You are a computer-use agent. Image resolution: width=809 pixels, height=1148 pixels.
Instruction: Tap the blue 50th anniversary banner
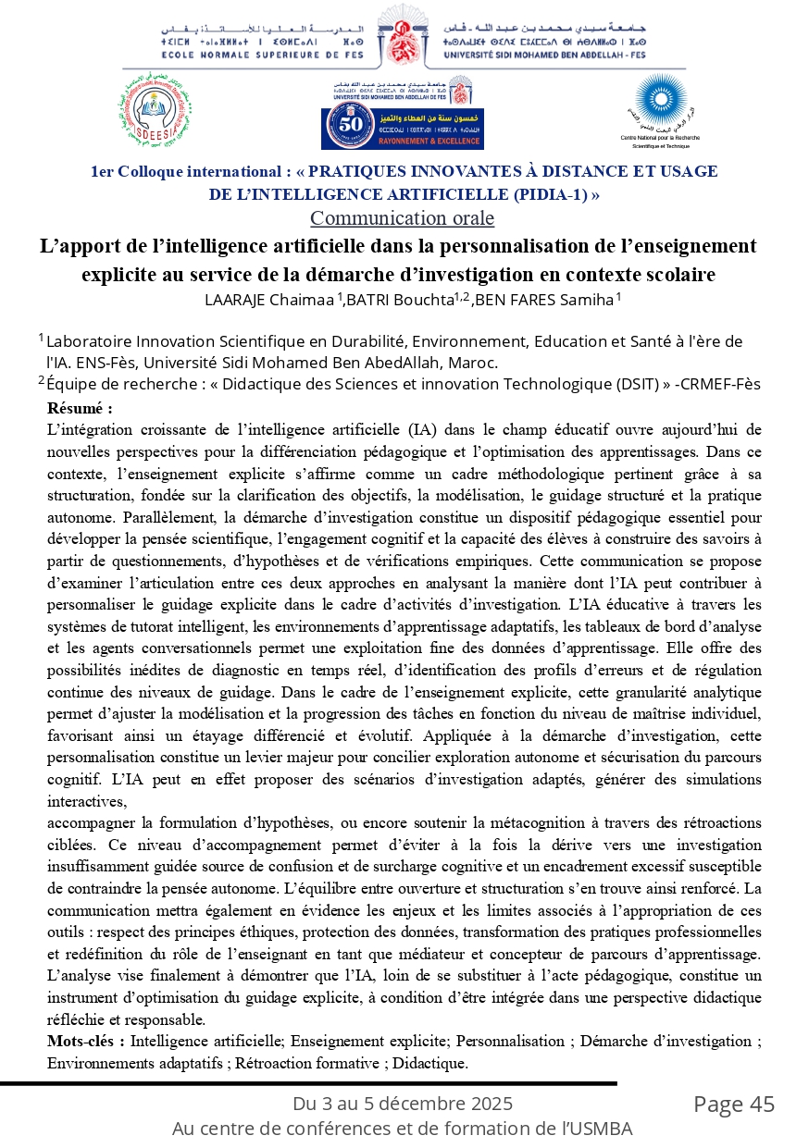point(403,127)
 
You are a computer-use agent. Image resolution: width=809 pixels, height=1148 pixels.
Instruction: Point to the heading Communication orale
point(402,219)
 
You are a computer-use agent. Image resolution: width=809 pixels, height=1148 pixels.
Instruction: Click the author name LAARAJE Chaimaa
point(269,299)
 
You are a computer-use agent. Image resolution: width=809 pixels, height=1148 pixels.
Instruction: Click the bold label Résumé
point(80,408)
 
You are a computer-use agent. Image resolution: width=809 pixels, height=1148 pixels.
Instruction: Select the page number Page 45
point(734,1104)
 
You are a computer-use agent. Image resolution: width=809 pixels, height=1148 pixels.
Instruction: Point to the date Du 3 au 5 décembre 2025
point(403,1104)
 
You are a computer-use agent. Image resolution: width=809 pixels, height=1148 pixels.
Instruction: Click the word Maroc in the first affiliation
point(473,363)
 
